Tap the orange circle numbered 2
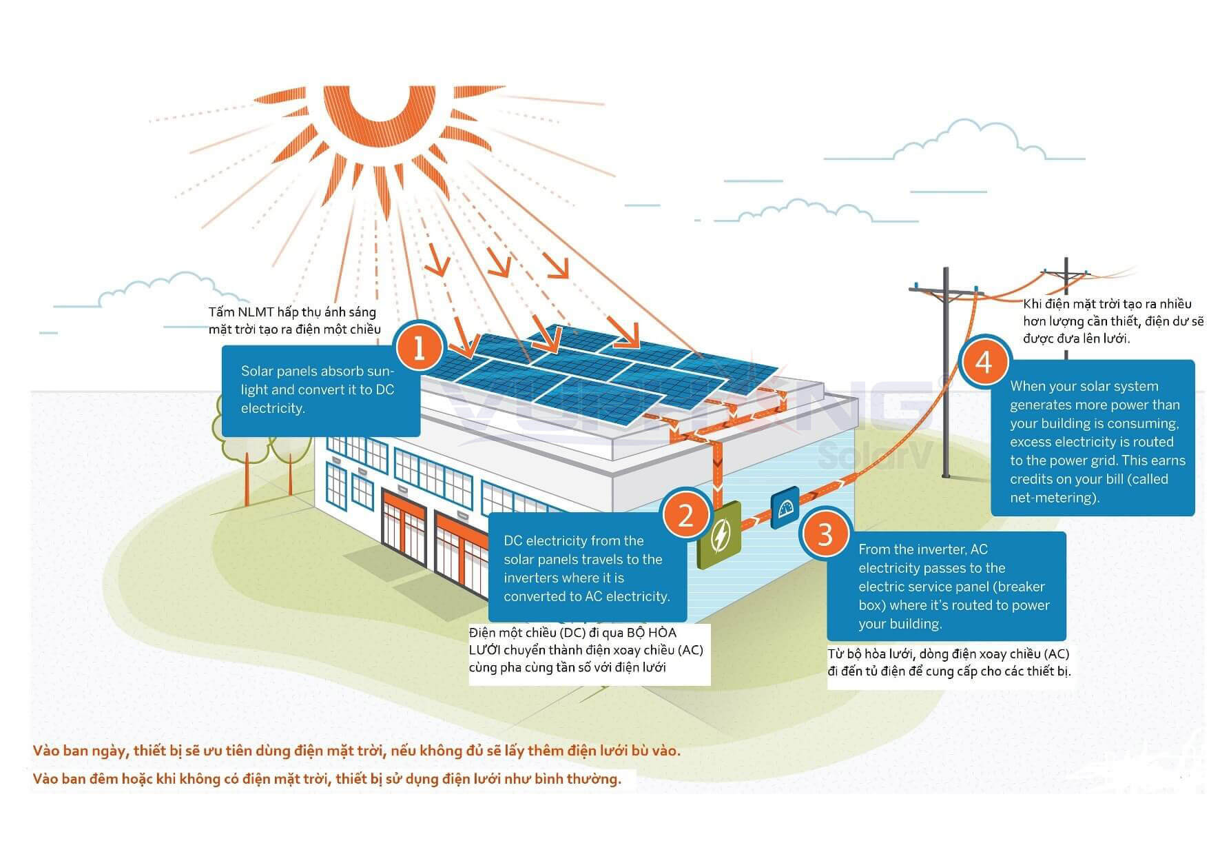point(685,514)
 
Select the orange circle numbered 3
point(825,534)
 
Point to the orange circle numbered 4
point(984,361)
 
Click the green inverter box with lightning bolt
point(718,535)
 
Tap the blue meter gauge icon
point(785,507)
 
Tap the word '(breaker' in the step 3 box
point(1021,587)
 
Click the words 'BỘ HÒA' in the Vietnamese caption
point(652,633)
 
